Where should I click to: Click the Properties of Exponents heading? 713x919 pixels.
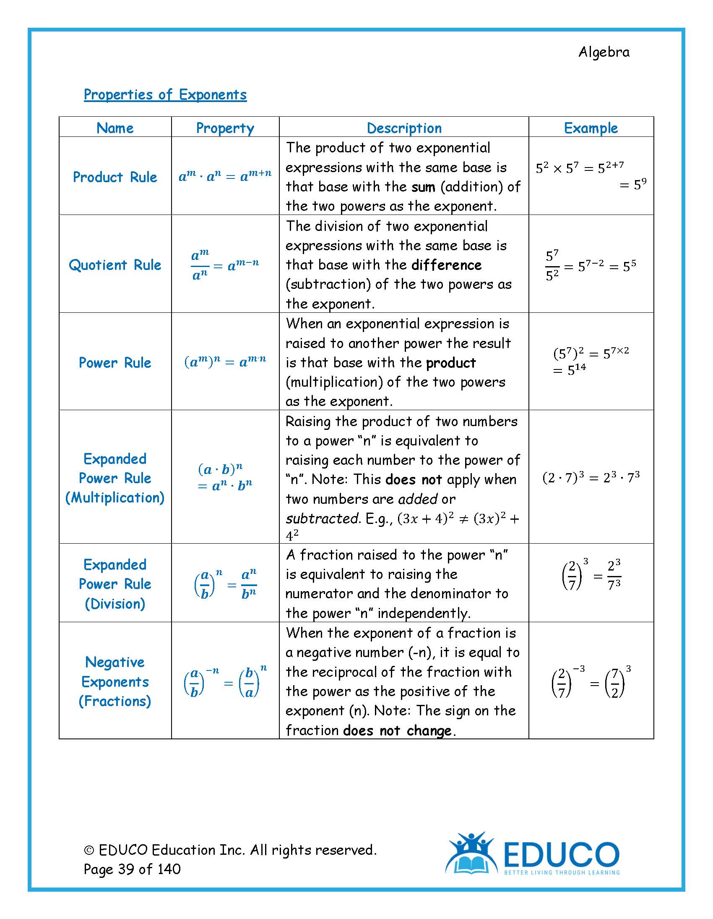165,95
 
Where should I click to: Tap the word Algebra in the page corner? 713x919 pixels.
604,52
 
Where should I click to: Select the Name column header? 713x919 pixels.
115,128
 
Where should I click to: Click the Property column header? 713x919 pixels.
225,128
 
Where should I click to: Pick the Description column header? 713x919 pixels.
404,128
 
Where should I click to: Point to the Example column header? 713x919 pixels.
591,128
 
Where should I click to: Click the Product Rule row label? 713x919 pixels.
115,177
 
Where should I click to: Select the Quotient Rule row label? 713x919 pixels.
115,265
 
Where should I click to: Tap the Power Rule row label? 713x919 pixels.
115,363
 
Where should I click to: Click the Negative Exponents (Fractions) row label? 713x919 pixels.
115,682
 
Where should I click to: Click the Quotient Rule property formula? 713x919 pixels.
225,265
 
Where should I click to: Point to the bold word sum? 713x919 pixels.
423,187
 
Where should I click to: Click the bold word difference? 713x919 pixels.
446,265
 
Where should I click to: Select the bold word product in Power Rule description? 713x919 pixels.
451,363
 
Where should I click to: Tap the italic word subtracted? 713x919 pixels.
322,518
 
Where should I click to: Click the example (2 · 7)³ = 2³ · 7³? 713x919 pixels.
591,478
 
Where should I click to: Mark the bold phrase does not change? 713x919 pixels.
397,731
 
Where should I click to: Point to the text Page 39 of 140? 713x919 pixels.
132,869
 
